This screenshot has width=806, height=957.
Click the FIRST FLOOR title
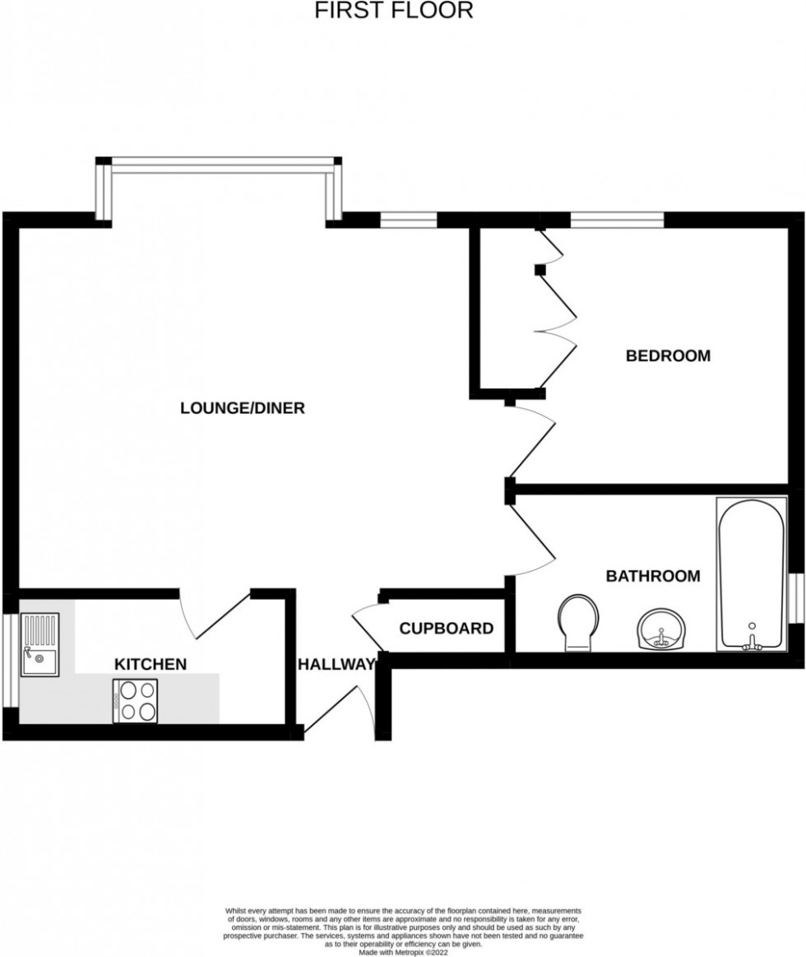coord(394,11)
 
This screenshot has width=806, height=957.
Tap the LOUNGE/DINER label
coord(243,408)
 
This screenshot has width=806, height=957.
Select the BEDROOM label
coord(668,356)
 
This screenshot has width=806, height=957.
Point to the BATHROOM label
coord(653,576)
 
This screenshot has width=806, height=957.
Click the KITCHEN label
coord(151,664)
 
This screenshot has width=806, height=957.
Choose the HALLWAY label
coord(336,664)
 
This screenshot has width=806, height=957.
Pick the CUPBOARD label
coord(447,629)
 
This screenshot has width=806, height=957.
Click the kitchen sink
coord(39,645)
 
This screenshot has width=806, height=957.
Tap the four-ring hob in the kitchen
coord(135,701)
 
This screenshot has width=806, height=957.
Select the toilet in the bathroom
coord(578,623)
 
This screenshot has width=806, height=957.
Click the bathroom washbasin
coord(660,629)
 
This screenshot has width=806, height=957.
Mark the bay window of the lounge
coord(219,165)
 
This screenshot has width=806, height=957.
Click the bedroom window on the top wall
coord(617,220)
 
